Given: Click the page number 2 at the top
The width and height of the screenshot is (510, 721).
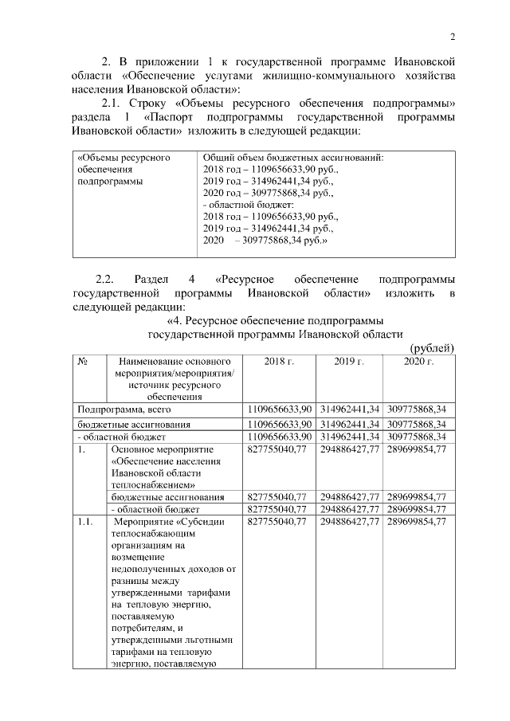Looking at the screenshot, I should click(452, 37).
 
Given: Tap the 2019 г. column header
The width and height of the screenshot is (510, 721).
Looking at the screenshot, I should click(349, 362).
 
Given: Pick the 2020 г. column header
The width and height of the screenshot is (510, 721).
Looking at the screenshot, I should click(418, 362).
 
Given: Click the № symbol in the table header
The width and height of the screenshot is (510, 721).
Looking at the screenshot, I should click(82, 362).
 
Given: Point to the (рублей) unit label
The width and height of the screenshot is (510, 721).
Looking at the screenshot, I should click(431, 347).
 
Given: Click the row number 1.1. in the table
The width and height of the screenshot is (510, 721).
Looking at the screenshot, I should click(85, 521).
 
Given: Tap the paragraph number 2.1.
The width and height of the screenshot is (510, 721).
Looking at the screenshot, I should click(115, 104).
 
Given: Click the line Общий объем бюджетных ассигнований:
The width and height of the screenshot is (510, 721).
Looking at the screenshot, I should click(294, 158).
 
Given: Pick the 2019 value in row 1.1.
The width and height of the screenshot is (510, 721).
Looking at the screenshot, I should click(349, 521).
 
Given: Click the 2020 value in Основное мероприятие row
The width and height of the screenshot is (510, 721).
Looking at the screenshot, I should click(418, 449).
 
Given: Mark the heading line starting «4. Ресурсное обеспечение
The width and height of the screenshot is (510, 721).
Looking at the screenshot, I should click(265, 320).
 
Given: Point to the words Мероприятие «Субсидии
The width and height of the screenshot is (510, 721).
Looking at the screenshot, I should click(168, 521).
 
